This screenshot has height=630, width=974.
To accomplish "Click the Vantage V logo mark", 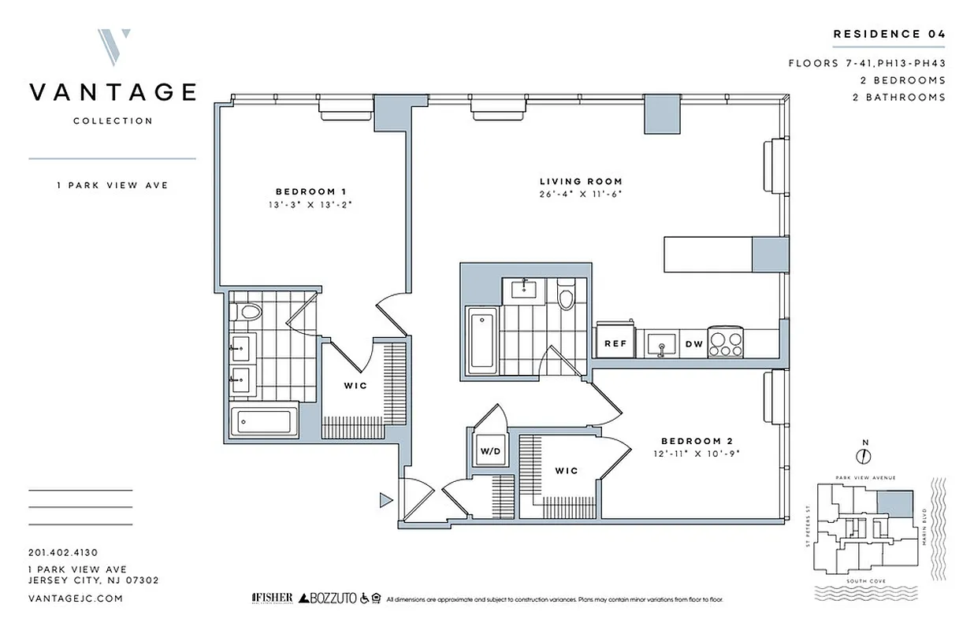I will (x=114, y=48).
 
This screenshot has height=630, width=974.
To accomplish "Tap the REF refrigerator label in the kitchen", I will (x=615, y=343).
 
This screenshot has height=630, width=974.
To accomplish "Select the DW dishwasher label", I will (x=693, y=343).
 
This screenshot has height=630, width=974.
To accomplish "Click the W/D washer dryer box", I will (x=490, y=452).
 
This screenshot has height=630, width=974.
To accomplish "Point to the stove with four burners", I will (x=726, y=343).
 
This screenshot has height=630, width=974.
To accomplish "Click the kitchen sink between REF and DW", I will (x=658, y=343).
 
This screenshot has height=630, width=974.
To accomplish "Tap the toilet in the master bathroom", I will (x=248, y=312).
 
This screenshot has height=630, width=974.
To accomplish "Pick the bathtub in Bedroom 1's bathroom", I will (x=265, y=422).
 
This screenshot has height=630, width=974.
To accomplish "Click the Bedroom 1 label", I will (x=310, y=191).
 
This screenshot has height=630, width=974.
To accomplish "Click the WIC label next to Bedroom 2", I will (x=566, y=471).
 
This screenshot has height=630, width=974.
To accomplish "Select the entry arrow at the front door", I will (x=385, y=498).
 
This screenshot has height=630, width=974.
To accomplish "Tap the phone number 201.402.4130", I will (x=62, y=553).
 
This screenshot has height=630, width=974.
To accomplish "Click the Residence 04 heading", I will (x=889, y=34).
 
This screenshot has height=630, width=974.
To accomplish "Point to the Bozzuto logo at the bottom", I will (x=324, y=599).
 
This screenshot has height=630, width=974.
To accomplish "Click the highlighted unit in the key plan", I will (x=895, y=501).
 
